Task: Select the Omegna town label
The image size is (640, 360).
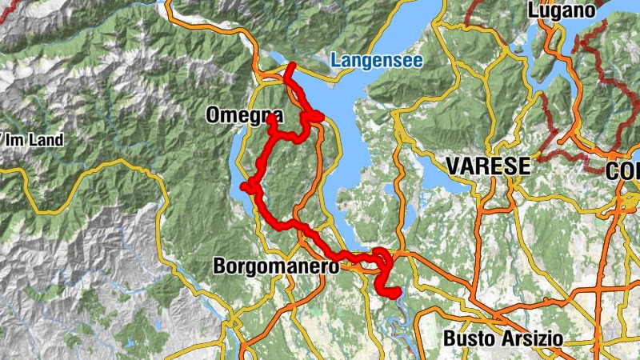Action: (x=244, y=115)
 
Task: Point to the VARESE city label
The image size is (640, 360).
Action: (x=489, y=166)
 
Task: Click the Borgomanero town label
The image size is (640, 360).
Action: (x=277, y=266)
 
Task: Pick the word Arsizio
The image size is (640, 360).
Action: (x=534, y=338)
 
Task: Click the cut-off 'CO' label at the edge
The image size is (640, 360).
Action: (x=623, y=171)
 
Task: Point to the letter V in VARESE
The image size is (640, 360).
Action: (x=454, y=166)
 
